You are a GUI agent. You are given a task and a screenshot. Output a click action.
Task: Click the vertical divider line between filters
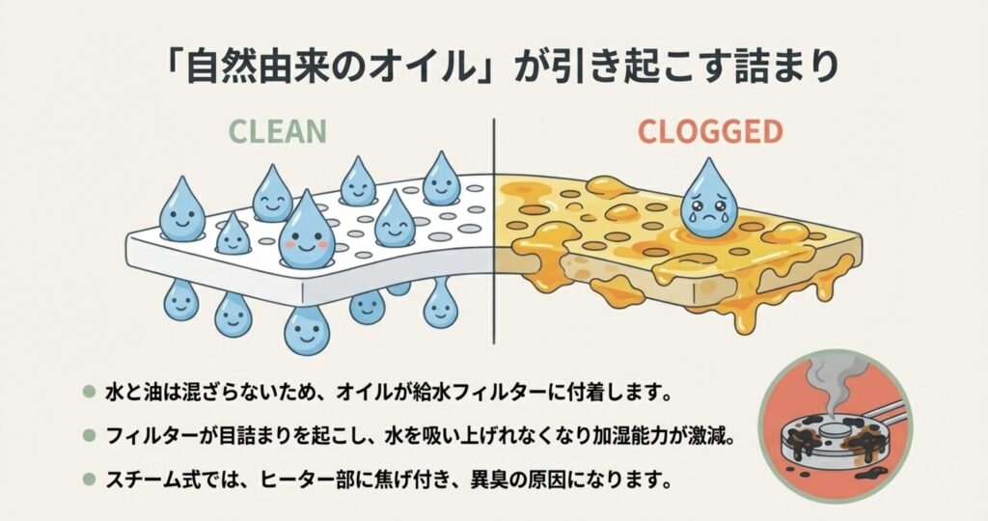tap(494, 232)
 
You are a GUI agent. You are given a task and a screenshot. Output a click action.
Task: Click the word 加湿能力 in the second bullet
tap(621, 436)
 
